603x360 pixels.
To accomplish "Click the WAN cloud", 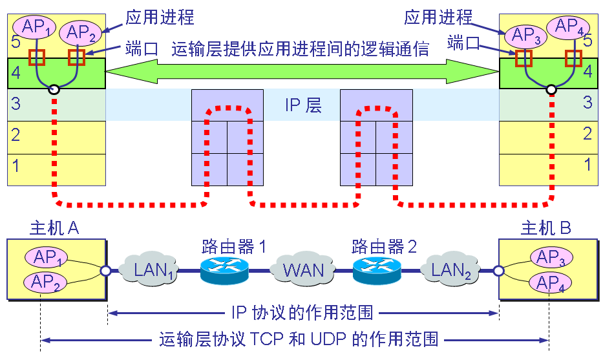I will [303, 268].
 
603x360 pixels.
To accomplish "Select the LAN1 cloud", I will [153, 268].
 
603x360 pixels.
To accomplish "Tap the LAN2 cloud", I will [453, 268].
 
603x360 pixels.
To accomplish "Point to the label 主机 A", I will [54, 228].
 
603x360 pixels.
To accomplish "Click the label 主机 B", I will [547, 228].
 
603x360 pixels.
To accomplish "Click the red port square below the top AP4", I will [574, 58].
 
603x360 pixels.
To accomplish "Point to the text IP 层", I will [303, 105].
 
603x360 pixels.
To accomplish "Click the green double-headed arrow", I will [302, 72].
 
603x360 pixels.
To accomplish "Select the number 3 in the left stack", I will [16, 103].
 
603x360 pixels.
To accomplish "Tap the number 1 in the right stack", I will [587, 164].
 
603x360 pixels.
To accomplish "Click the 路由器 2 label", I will [383, 246].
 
